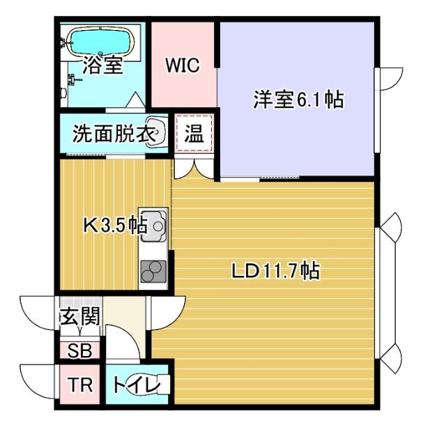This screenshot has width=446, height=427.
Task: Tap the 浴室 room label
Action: click(x=103, y=67)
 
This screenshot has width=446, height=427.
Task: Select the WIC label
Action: click(x=182, y=66)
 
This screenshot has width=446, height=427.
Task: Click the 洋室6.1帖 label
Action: click(x=298, y=100)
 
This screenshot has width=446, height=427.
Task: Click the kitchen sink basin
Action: click(x=153, y=225)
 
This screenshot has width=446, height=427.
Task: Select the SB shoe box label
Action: click(x=79, y=350)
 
